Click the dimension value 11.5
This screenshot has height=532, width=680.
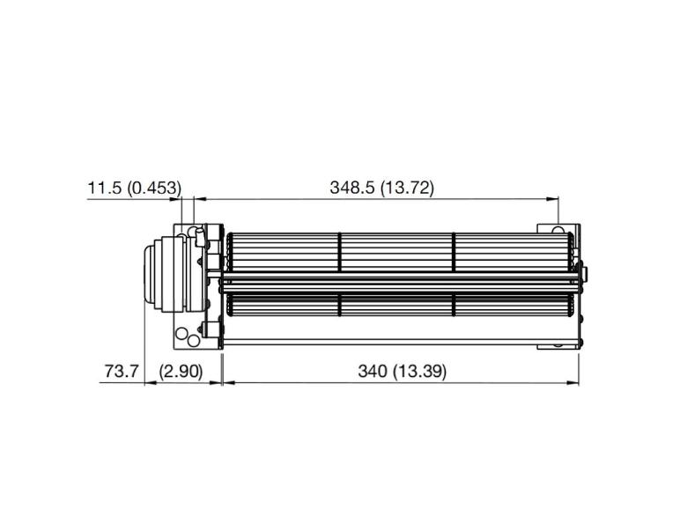coord(105,188)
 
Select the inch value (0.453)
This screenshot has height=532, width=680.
coord(154,188)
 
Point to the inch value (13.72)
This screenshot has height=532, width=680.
coord(407,188)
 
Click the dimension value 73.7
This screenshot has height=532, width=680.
coord(121,371)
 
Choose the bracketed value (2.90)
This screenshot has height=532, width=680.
coord(181,371)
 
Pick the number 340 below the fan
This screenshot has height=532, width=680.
coord(373,371)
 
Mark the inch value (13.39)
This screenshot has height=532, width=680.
coord(419,371)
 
